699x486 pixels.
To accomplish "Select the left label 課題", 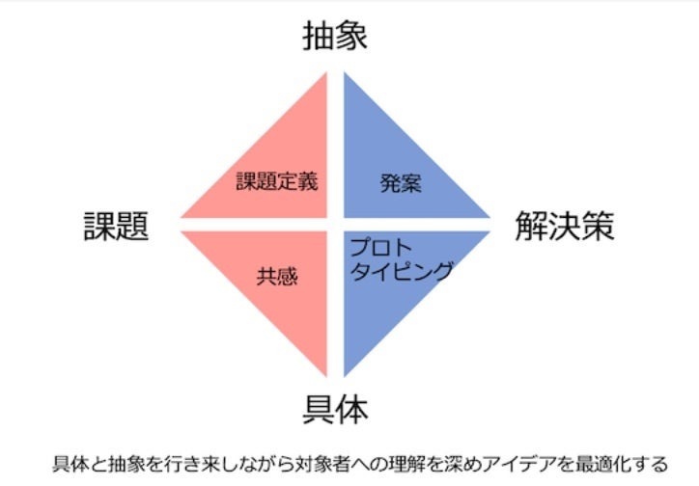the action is tap(117, 228).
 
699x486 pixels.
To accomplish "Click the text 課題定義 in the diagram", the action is tap(277, 181).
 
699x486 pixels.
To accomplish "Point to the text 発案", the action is tap(400, 183).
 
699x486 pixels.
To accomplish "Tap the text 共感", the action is tap(277, 277).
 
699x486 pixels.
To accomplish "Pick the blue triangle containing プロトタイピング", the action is tap(386, 309).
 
